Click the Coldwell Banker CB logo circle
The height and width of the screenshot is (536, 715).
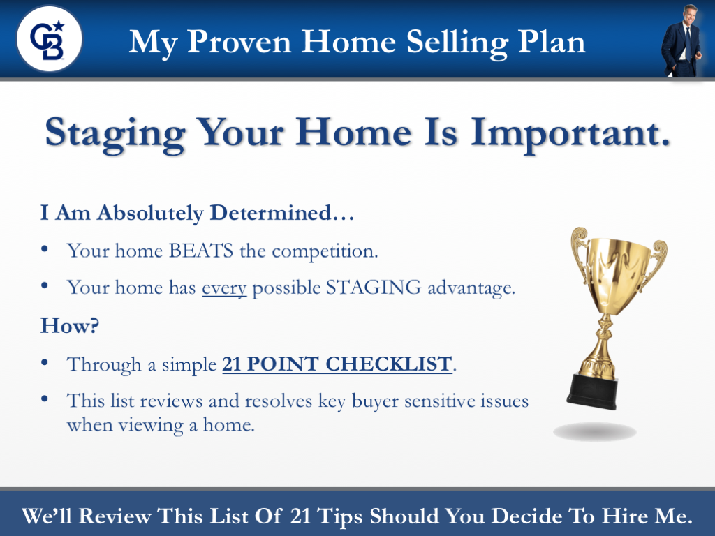49,38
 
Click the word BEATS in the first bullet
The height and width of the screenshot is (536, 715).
202,251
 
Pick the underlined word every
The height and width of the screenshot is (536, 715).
224,288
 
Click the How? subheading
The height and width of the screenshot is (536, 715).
70,325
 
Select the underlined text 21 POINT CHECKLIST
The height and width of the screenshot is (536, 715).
337,364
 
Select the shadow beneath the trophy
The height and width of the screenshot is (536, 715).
595,431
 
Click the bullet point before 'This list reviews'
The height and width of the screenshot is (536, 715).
45,399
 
